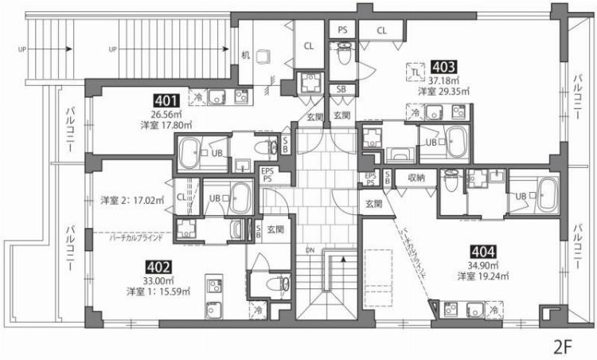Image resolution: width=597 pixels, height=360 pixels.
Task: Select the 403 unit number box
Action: [x=443, y=68]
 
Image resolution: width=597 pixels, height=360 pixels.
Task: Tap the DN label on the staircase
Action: [x=310, y=252]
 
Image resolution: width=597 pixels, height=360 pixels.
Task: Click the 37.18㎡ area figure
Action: [x=444, y=80]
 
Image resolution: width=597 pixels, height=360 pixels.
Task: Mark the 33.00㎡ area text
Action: [x=155, y=280]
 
